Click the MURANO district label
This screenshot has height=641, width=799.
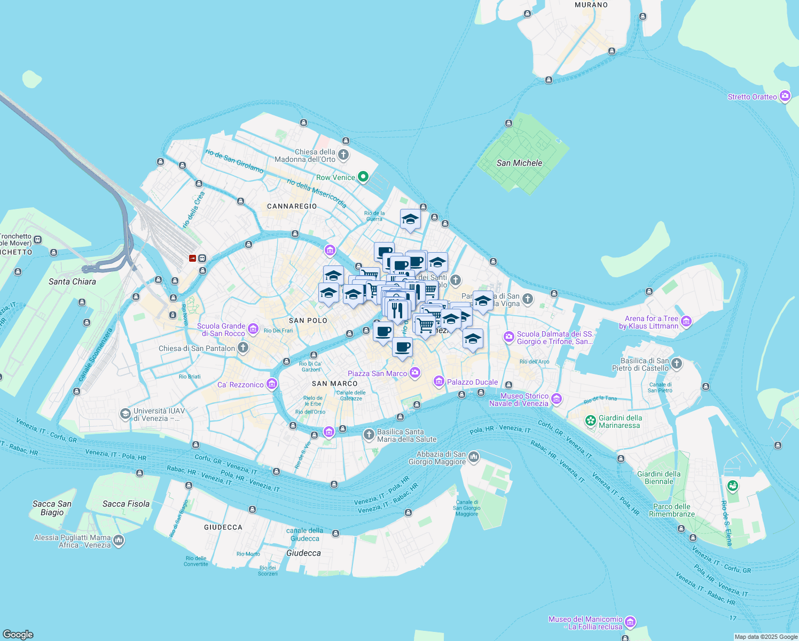[591, 5]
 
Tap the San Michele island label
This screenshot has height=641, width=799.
[519, 163]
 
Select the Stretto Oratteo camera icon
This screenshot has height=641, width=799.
[785, 96]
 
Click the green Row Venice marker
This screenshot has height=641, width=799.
[363, 177]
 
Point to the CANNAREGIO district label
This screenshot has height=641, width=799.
[292, 206]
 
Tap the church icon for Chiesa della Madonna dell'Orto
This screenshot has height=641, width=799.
[343, 155]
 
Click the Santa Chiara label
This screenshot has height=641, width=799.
[72, 282]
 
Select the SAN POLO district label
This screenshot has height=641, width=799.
[308, 320]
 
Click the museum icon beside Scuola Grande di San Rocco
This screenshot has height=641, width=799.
[253, 329]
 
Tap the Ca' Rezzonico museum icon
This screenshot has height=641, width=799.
[272, 384]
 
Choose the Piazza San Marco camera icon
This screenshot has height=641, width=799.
[415, 373]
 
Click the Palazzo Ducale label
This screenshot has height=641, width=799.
[472, 382]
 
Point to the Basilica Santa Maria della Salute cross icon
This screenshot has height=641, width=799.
[369, 435]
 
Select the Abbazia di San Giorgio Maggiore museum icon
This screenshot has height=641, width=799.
[473, 457]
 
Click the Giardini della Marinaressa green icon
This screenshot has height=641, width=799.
[591, 421]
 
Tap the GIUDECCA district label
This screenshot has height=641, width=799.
[223, 527]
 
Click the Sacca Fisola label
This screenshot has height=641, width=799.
[126, 504]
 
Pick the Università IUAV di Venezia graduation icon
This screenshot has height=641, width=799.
[125, 414]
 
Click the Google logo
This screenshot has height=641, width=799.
[18, 634]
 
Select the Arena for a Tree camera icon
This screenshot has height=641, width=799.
[686, 322]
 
